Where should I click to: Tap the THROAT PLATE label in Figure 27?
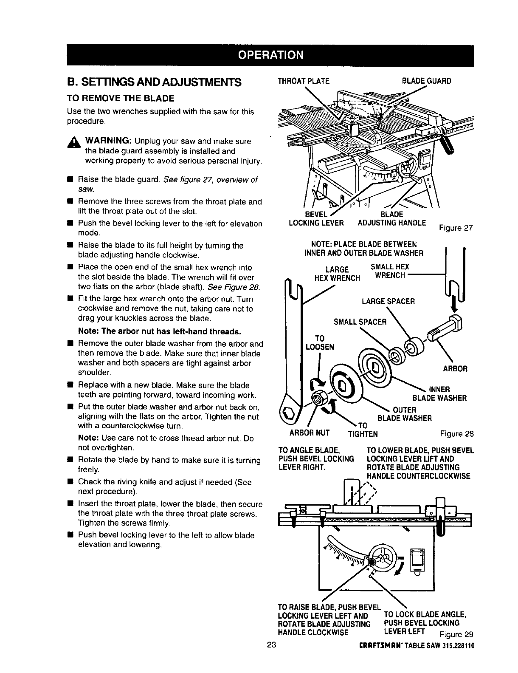coord(303,81)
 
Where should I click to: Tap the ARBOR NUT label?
coord(304,434)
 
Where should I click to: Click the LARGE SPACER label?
coord(388,301)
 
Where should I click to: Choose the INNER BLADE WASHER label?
coord(439,394)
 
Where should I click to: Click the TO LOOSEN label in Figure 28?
coord(320,342)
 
